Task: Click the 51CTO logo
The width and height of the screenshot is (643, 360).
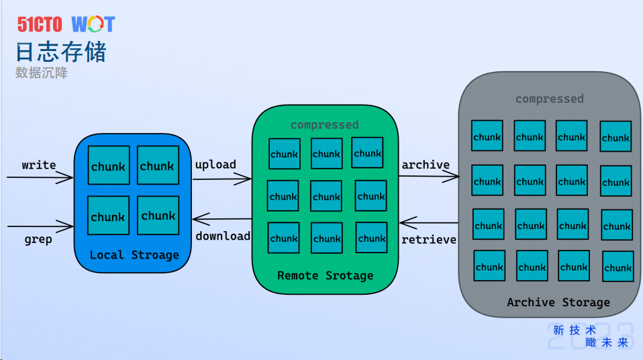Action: [x=40, y=25]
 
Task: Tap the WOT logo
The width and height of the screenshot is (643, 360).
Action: [x=93, y=25]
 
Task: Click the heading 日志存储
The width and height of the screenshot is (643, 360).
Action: [x=61, y=52]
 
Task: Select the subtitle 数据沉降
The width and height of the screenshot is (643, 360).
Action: [x=42, y=73]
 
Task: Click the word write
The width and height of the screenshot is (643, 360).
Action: [x=39, y=165]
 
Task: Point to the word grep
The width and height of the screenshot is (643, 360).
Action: [x=38, y=238]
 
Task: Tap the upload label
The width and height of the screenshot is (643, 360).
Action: [x=215, y=165]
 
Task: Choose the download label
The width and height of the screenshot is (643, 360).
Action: [x=223, y=236]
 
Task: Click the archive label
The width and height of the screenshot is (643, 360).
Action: [x=426, y=165]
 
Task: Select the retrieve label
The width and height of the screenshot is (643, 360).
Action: [x=429, y=239]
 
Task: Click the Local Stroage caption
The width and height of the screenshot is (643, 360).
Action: [x=134, y=255]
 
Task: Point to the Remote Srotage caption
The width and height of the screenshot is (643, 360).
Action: [x=325, y=275]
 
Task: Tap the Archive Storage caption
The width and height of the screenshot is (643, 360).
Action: [x=558, y=302]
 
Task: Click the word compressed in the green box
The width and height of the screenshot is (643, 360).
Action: [x=324, y=125]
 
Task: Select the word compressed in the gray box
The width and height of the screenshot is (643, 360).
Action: [x=549, y=99]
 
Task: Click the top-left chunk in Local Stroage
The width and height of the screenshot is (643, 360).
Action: [x=109, y=165]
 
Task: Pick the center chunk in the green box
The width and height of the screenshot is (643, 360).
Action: [x=326, y=196]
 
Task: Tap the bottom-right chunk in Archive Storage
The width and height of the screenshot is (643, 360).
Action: [x=617, y=267]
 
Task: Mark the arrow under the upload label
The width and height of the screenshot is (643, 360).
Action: [x=221, y=179]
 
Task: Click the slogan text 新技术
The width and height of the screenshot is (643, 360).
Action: [x=574, y=330]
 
